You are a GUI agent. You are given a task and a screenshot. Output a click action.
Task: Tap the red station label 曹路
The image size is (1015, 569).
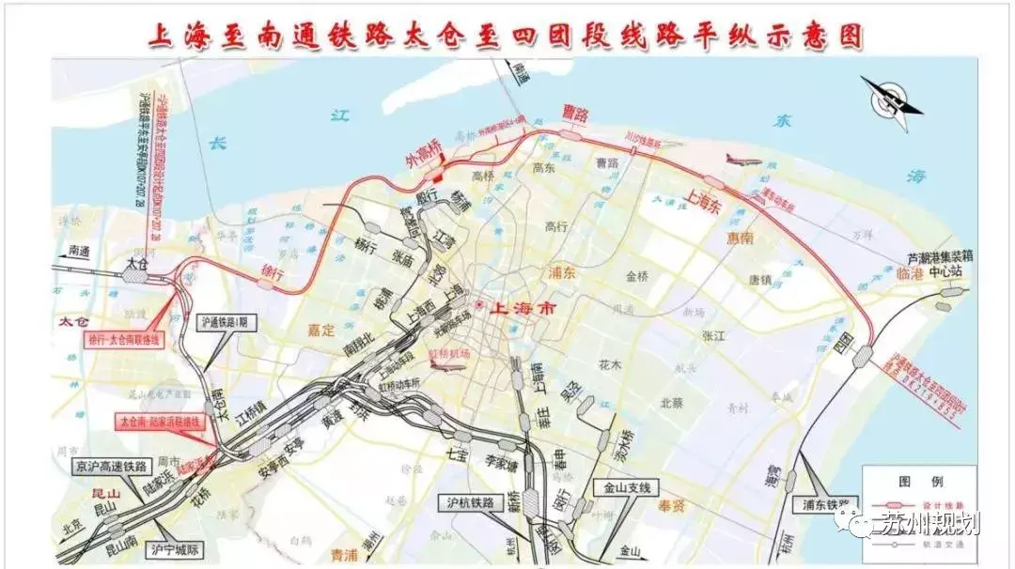(x=574, y=115)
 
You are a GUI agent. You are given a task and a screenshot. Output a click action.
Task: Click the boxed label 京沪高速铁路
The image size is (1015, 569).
(x=114, y=466)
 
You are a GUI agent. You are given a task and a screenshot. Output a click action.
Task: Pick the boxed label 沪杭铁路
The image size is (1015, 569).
(x=470, y=502)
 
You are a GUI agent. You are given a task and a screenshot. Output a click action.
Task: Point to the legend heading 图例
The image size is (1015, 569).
(x=909, y=480)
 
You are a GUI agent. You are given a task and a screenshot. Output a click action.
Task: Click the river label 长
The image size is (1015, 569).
(x=218, y=143)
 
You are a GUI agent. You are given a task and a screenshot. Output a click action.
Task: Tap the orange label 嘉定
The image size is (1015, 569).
(x=320, y=330)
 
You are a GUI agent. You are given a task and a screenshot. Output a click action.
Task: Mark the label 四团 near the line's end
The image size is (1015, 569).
(x=843, y=338)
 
